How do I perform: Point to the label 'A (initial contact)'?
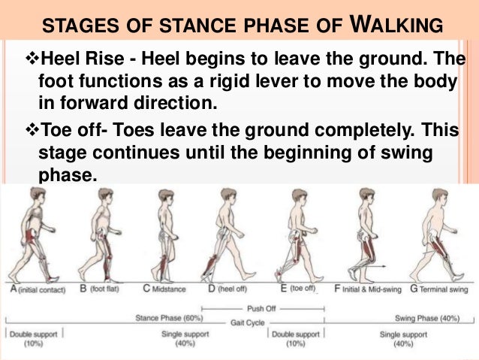(34, 287)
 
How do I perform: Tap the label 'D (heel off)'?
(234, 287)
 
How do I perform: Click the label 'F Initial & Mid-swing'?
(367, 287)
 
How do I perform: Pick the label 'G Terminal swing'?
(435, 287)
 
